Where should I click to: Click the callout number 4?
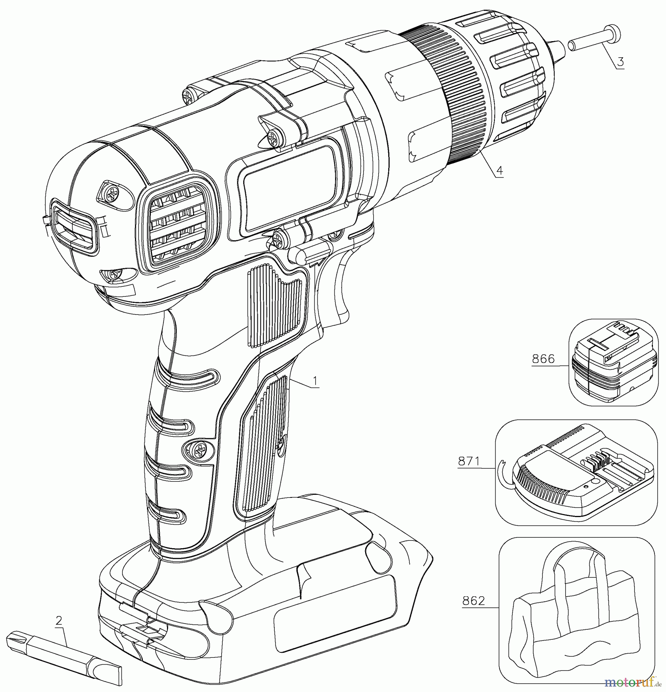point(499,170)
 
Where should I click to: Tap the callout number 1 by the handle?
point(315,381)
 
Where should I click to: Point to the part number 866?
point(543,359)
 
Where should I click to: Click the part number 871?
point(469,461)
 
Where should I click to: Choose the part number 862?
point(474,601)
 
